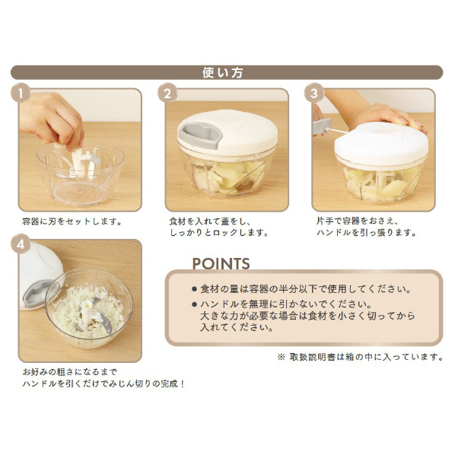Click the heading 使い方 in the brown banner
tap(223, 72)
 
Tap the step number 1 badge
tap(21, 93)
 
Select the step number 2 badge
tap(167, 93)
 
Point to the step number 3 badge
tap(314, 93)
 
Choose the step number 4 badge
tap(21, 244)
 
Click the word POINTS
tap(221, 263)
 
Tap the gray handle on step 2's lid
tap(200, 135)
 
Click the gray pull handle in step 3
tap(322, 126)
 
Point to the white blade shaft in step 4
tap(87, 313)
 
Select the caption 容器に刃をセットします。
tap(72, 221)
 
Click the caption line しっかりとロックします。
tap(219, 233)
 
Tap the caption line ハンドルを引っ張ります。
tap(367, 233)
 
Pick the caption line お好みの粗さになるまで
tap(70, 372)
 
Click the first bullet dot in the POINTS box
tap(195, 289)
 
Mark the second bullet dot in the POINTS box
tap(195, 304)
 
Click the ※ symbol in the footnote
tap(282, 357)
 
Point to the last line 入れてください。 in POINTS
tap(237, 328)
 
